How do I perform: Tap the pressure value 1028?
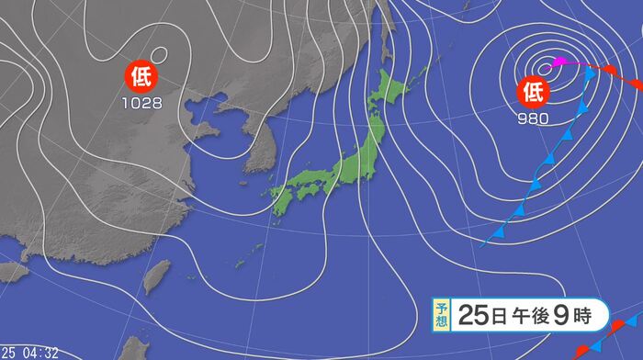[x=142, y=103]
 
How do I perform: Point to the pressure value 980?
[x=533, y=118]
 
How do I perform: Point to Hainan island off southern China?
[x=11, y=273]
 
